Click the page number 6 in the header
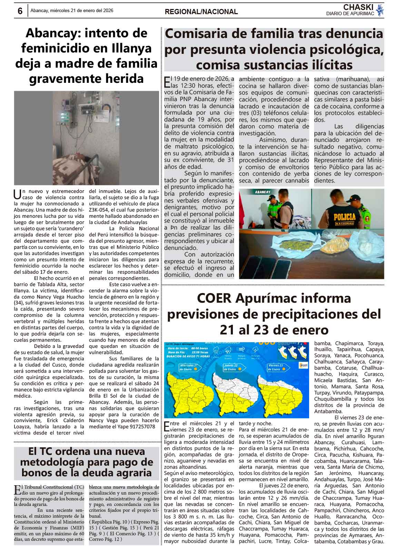pyautogui.click(x=20, y=11)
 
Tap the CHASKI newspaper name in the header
pyautogui.click(x=358, y=7)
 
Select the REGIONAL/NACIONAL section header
pyautogui.click(x=201, y=12)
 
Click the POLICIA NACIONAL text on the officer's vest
pyautogui.click(x=344, y=218)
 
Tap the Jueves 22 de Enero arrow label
pyautogui.click(x=232, y=367)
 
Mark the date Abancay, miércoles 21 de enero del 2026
pyautogui.click(x=72, y=11)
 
